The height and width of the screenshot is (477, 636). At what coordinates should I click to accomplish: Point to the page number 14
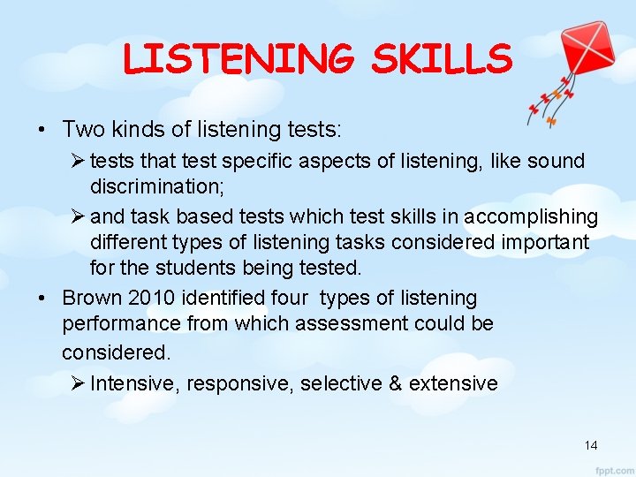point(591,445)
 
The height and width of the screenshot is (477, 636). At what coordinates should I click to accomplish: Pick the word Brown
point(95,298)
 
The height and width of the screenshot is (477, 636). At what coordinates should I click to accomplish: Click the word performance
point(118,323)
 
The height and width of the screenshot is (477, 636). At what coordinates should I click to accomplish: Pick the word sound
point(555,161)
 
